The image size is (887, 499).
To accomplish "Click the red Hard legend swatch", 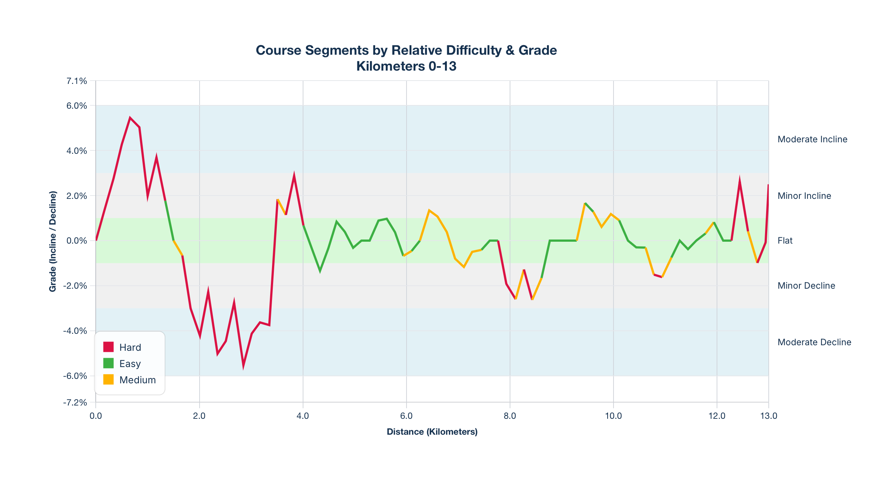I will (x=108, y=347).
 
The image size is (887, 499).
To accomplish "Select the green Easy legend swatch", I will (x=108, y=363).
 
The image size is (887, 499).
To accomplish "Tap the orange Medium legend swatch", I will (x=108, y=380).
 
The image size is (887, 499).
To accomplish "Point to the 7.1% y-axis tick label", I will (x=77, y=81).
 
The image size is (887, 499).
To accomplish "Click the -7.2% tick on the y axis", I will (x=75, y=403).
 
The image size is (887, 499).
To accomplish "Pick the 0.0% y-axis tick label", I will (x=77, y=241).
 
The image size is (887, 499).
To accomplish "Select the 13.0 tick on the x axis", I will (x=769, y=416).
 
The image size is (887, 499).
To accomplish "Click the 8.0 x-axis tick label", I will (x=510, y=416).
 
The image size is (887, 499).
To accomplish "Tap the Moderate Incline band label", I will (x=812, y=139).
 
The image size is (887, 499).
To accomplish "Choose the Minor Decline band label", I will (x=806, y=286).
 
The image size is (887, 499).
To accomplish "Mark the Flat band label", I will (x=785, y=241).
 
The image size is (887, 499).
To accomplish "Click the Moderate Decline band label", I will (x=814, y=342).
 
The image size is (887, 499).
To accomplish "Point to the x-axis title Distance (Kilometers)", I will (x=432, y=432).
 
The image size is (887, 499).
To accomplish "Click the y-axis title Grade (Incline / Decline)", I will (x=53, y=241).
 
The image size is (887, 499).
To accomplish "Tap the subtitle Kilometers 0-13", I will (x=406, y=66).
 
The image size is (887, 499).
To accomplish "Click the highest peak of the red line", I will (x=130, y=118).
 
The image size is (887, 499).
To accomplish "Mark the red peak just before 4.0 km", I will (x=294, y=175).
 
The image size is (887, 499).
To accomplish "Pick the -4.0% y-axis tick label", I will (x=75, y=331).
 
